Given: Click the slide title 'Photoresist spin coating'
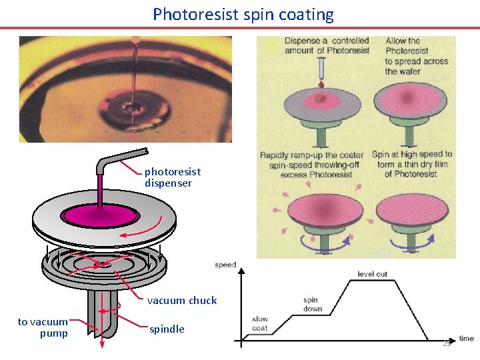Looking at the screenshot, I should pyautogui.click(x=243, y=14).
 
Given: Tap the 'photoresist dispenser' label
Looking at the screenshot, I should pyautogui.click(x=172, y=177).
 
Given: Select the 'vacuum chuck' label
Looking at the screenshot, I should pyautogui.click(x=181, y=301).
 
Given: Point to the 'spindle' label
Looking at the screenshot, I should pyautogui.click(x=167, y=329).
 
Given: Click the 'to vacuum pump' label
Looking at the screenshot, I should pyautogui.click(x=43, y=327).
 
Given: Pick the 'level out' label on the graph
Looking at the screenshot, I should pyautogui.click(x=372, y=274).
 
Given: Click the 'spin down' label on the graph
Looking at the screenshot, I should pyautogui.click(x=312, y=304).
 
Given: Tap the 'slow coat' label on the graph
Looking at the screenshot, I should pyautogui.click(x=260, y=323).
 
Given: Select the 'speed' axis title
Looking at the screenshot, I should pyautogui.click(x=225, y=265).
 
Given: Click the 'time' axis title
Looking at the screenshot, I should pyautogui.click(x=466, y=339).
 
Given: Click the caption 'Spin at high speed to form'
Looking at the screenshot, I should pyautogui.click(x=411, y=164).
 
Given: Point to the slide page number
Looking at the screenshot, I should pyautogui.click(x=447, y=343).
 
